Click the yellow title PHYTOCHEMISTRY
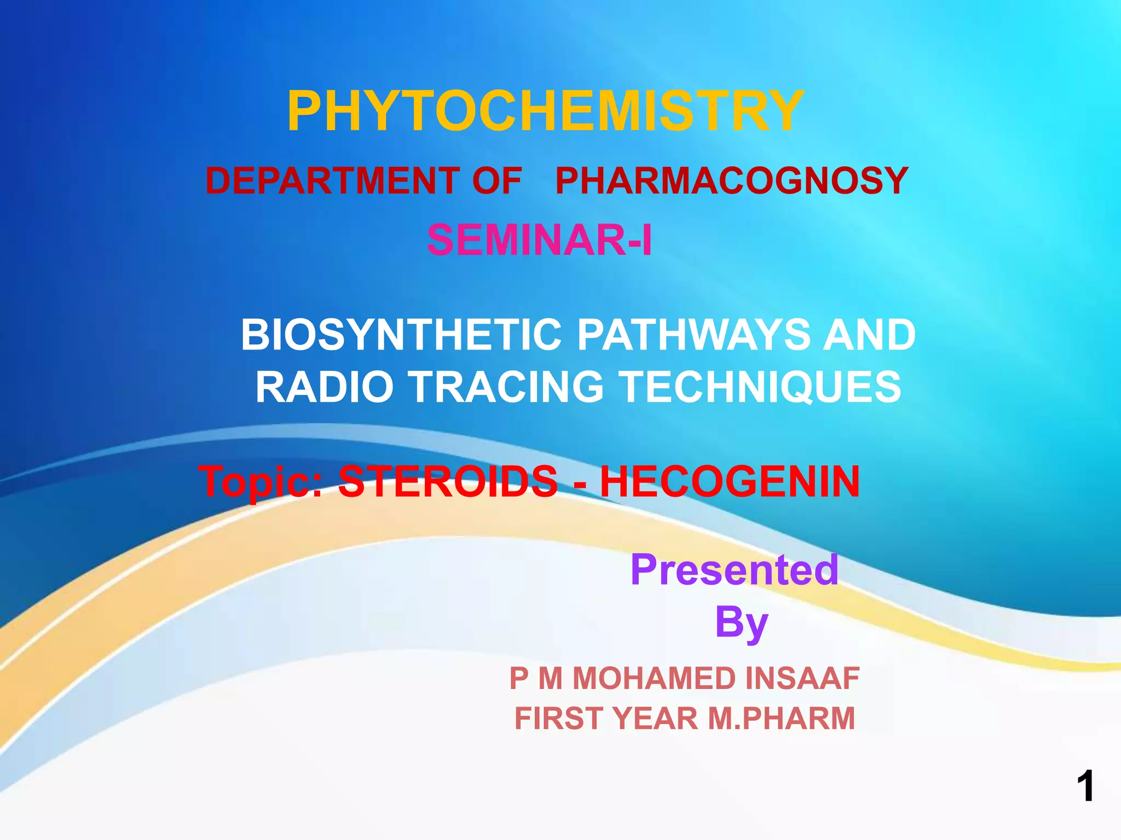point(545,112)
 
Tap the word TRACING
point(507,387)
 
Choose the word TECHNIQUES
point(761,387)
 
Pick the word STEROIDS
point(447,481)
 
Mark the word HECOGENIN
point(730,481)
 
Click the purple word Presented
point(734,569)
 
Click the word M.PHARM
point(781,718)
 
